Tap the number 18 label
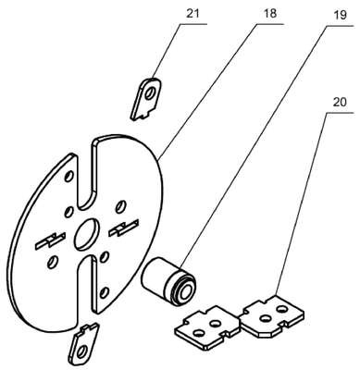(270, 14)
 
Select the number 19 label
(340, 16)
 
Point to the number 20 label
(339, 103)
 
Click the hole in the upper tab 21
(151, 92)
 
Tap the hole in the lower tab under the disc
(82, 351)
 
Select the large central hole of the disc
(86, 234)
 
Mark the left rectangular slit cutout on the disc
(50, 241)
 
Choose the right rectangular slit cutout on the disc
(123, 228)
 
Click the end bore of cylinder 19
(185, 290)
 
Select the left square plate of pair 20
(207, 327)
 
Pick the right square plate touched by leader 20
(271, 317)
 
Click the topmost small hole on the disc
(68, 177)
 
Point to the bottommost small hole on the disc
(105, 291)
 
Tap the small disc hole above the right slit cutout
(119, 206)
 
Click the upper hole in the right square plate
(280, 308)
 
